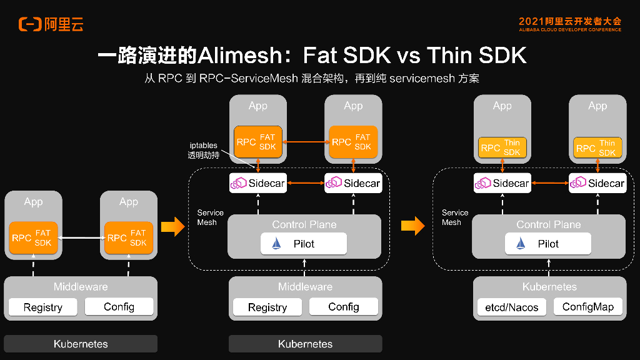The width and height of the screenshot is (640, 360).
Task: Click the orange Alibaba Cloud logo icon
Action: point(30,24)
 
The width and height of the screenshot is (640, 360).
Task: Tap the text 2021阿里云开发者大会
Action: point(570,21)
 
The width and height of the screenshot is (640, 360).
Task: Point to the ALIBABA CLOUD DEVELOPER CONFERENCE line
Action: point(570,29)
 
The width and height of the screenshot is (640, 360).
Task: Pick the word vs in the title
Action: point(407,56)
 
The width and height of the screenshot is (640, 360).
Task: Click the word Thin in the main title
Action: point(450,56)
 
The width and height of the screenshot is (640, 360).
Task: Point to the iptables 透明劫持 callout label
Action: point(203,150)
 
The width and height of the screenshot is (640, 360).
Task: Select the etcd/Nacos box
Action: point(511,307)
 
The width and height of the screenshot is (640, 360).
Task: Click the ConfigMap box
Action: point(587,306)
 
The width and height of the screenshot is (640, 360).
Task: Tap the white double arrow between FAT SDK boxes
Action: point(81,238)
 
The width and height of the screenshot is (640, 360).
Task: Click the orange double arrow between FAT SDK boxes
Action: point(306,142)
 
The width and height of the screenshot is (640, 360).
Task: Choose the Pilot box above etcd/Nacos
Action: point(547,244)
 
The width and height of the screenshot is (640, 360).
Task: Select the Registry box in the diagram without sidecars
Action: point(42,307)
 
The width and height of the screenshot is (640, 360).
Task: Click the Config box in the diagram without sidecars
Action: point(119,306)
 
